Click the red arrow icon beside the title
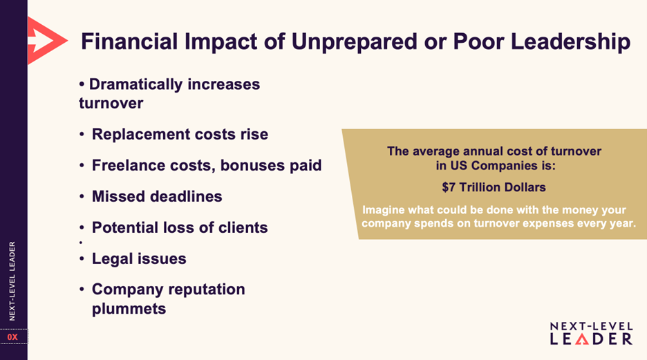(46, 40)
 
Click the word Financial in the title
(129, 41)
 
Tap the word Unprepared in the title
(355, 42)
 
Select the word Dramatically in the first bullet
(135, 84)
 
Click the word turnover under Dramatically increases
(111, 103)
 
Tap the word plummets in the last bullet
(129, 309)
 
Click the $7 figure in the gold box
(449, 187)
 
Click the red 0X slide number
(12, 337)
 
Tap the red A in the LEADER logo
(582, 339)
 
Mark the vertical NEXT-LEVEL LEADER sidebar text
(12, 281)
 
